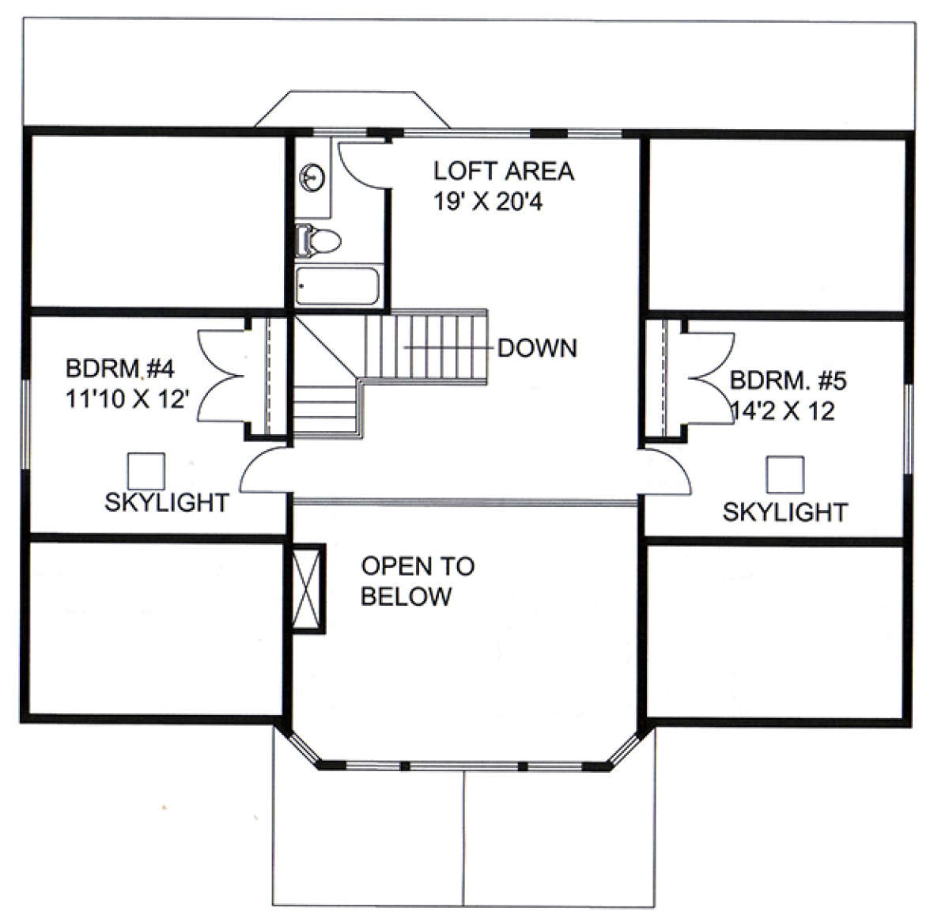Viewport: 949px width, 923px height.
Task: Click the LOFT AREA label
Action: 504,171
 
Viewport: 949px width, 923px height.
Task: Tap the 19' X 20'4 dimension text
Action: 488,201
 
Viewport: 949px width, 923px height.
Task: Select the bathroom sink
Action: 312,178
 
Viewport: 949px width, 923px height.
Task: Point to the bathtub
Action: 338,286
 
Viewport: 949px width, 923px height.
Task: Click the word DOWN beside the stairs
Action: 538,348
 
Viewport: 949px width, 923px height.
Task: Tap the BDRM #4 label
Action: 120,369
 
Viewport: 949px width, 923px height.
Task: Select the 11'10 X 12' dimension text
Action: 127,399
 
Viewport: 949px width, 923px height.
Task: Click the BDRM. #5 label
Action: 788,380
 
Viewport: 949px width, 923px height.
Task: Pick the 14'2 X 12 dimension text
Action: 784,410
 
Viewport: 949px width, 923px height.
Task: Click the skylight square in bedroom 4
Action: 146,471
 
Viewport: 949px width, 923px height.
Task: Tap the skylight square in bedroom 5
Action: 785,475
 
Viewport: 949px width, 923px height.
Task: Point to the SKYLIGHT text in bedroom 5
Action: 785,513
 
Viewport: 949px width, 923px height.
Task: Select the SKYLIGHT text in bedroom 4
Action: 168,502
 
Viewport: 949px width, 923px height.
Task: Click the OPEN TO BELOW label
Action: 418,581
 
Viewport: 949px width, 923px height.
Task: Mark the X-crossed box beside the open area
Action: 307,588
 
